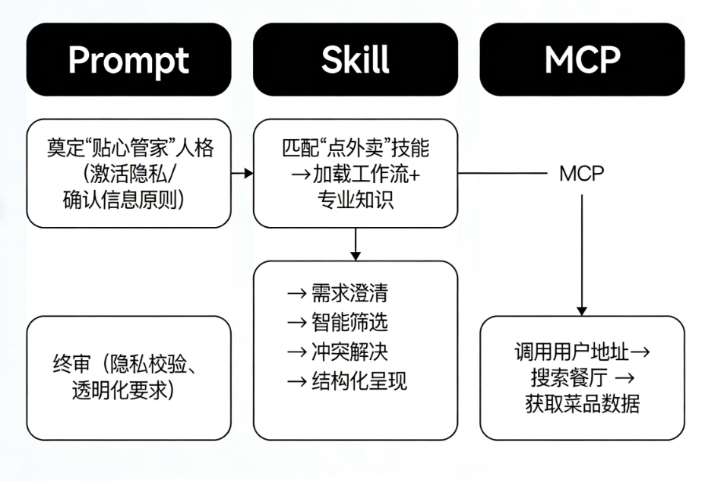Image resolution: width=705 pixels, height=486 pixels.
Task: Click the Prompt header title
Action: (x=128, y=60)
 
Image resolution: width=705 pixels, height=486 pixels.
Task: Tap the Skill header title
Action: (x=355, y=60)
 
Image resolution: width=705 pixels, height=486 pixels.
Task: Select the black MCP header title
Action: (x=582, y=60)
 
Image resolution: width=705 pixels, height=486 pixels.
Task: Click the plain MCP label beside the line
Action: (x=582, y=173)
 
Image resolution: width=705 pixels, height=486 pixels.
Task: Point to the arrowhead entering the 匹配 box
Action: (x=248, y=173)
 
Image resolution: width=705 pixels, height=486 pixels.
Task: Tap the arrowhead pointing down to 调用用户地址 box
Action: (x=582, y=309)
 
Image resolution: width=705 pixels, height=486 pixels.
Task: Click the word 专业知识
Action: (x=355, y=202)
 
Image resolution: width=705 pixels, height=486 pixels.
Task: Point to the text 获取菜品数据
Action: (x=582, y=404)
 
